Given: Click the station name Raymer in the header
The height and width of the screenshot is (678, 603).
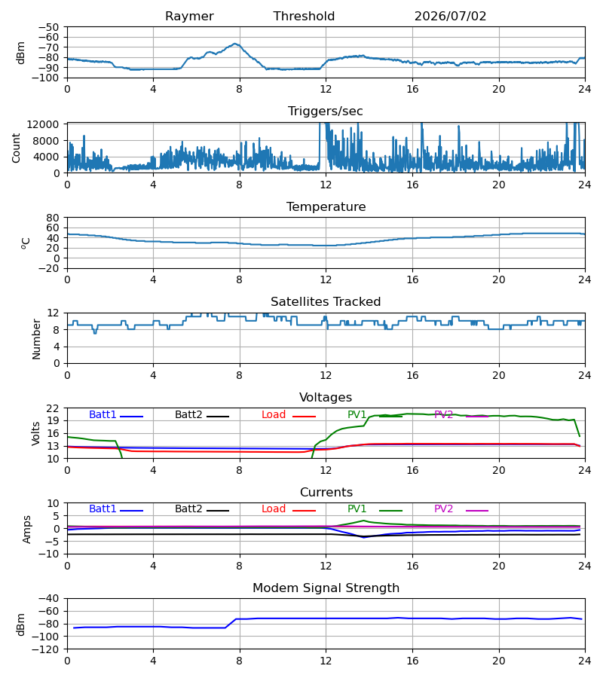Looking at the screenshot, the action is pyautogui.click(x=189, y=17).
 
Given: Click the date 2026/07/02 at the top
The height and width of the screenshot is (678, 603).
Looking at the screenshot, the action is pyautogui.click(x=450, y=17).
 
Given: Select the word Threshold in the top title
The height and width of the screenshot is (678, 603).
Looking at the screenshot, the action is pyautogui.click(x=304, y=17).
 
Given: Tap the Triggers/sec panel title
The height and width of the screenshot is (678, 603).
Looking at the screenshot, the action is pyautogui.click(x=326, y=111).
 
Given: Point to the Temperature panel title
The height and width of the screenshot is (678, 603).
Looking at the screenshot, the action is pyautogui.click(x=326, y=206).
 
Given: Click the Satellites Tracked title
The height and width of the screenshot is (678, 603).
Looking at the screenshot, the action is pyautogui.click(x=326, y=302).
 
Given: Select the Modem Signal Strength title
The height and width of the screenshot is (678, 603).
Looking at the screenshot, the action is pyautogui.click(x=326, y=588).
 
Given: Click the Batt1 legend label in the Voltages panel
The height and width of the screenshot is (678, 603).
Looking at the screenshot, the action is pyautogui.click(x=103, y=414).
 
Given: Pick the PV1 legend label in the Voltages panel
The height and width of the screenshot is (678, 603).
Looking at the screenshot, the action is pyautogui.click(x=357, y=414).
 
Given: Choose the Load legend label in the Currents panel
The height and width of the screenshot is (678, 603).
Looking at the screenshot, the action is pyautogui.click(x=274, y=509).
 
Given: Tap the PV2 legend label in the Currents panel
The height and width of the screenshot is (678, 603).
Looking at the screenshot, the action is pyautogui.click(x=443, y=509).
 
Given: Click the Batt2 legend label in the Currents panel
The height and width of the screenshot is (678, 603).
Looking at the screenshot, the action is pyautogui.click(x=188, y=509).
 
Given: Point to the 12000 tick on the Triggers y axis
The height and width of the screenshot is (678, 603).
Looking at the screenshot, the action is pyautogui.click(x=43, y=124).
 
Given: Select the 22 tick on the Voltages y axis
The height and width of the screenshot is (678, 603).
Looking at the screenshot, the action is pyautogui.click(x=53, y=408).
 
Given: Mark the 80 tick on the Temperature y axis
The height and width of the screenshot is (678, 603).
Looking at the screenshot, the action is pyautogui.click(x=53, y=218).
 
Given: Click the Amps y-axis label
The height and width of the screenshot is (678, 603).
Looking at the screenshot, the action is pyautogui.click(x=27, y=529).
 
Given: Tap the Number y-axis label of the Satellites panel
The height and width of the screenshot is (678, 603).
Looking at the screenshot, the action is pyautogui.click(x=36, y=339).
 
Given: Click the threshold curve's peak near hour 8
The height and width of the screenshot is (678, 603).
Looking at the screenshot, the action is pyautogui.click(x=235, y=44).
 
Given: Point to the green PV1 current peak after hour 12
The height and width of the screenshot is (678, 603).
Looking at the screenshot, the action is pyautogui.click(x=364, y=521).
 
